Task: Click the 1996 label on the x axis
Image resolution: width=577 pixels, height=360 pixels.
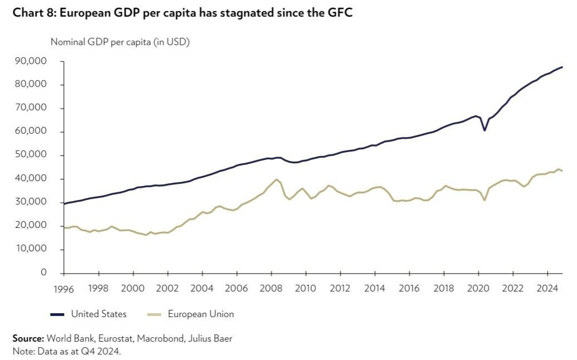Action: point(64,288)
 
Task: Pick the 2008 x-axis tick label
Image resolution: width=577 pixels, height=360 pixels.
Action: point(271,288)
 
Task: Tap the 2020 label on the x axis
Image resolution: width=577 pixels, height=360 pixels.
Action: point(478,288)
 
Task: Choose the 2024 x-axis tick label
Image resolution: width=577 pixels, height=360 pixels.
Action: point(547,288)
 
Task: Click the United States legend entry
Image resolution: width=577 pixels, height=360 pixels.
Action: point(99,314)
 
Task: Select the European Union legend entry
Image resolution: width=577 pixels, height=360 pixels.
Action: point(201,314)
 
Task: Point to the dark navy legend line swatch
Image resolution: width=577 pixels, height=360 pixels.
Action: point(57,314)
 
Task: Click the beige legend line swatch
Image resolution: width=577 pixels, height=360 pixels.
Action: point(154,314)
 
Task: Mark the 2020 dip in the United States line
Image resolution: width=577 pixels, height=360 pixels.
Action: point(485,130)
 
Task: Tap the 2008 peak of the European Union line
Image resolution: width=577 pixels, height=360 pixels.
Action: point(276,179)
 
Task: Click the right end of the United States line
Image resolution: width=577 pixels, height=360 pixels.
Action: point(562,67)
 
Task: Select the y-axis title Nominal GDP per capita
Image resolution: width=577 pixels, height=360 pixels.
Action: point(120,42)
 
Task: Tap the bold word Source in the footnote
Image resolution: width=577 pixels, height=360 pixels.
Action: point(28,338)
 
